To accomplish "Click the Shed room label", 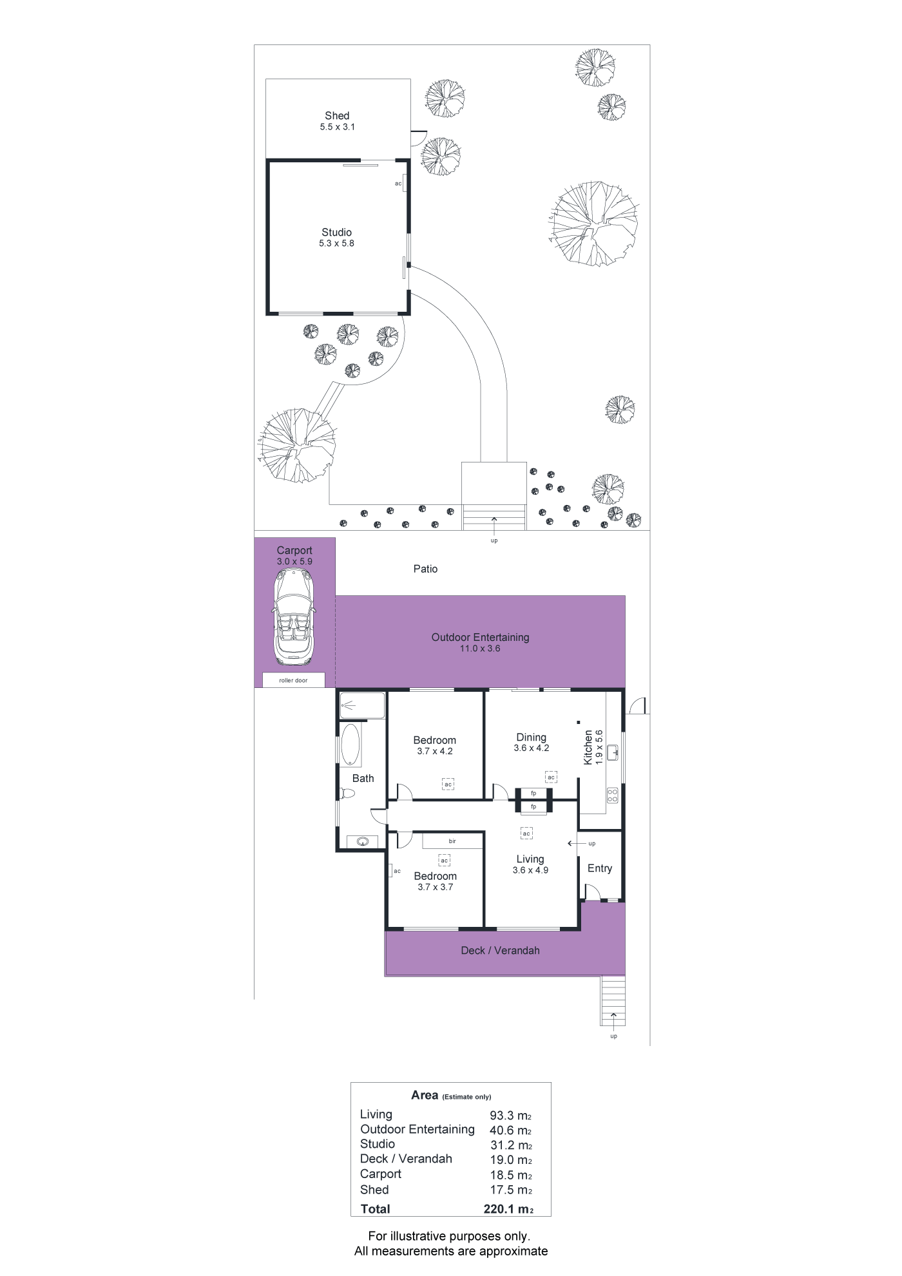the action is pos(337,116).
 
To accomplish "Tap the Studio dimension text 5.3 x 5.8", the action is pos(336,243).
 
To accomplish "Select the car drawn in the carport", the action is pos(294,617).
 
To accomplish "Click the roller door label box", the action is pos(294,680).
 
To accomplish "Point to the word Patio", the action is pos(425,569).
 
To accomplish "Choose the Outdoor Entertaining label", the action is pos(481,637).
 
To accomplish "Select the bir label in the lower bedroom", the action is pos(452,841).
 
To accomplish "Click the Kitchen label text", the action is pos(588,747).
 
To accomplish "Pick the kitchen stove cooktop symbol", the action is pos(613,795).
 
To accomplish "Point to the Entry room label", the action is pos(600,868).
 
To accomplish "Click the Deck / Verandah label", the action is pos(501,950).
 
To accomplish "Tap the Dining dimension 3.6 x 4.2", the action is pos(532,748).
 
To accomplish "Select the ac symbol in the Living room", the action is pos(526,833).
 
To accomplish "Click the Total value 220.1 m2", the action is pos(508,1209).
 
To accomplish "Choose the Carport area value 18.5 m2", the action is pos(511,1175).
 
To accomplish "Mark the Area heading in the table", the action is pos(425,1095).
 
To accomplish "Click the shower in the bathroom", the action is pos(363,705).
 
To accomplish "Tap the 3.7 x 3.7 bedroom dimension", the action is pos(436,888).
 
